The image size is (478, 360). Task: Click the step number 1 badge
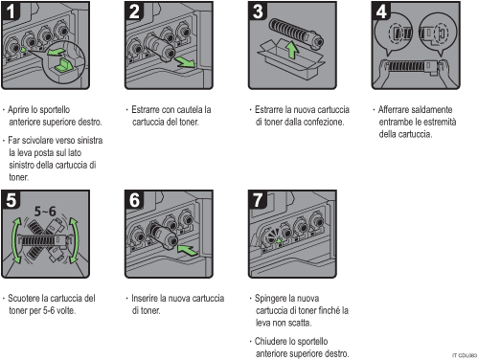(11, 11)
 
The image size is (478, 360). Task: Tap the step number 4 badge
(381, 11)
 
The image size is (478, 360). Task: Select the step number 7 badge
(258, 200)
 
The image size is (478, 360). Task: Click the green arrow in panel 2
(185, 62)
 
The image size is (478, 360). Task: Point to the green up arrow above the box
(291, 50)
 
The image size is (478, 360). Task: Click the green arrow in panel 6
(188, 250)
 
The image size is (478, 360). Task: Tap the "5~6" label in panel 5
(45, 212)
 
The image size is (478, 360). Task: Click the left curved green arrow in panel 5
(14, 240)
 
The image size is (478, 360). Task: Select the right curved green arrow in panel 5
(75, 240)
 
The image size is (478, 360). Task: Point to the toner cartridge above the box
(296, 33)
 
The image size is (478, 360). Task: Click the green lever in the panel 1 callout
(62, 65)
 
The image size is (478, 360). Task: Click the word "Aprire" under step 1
(18, 110)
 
